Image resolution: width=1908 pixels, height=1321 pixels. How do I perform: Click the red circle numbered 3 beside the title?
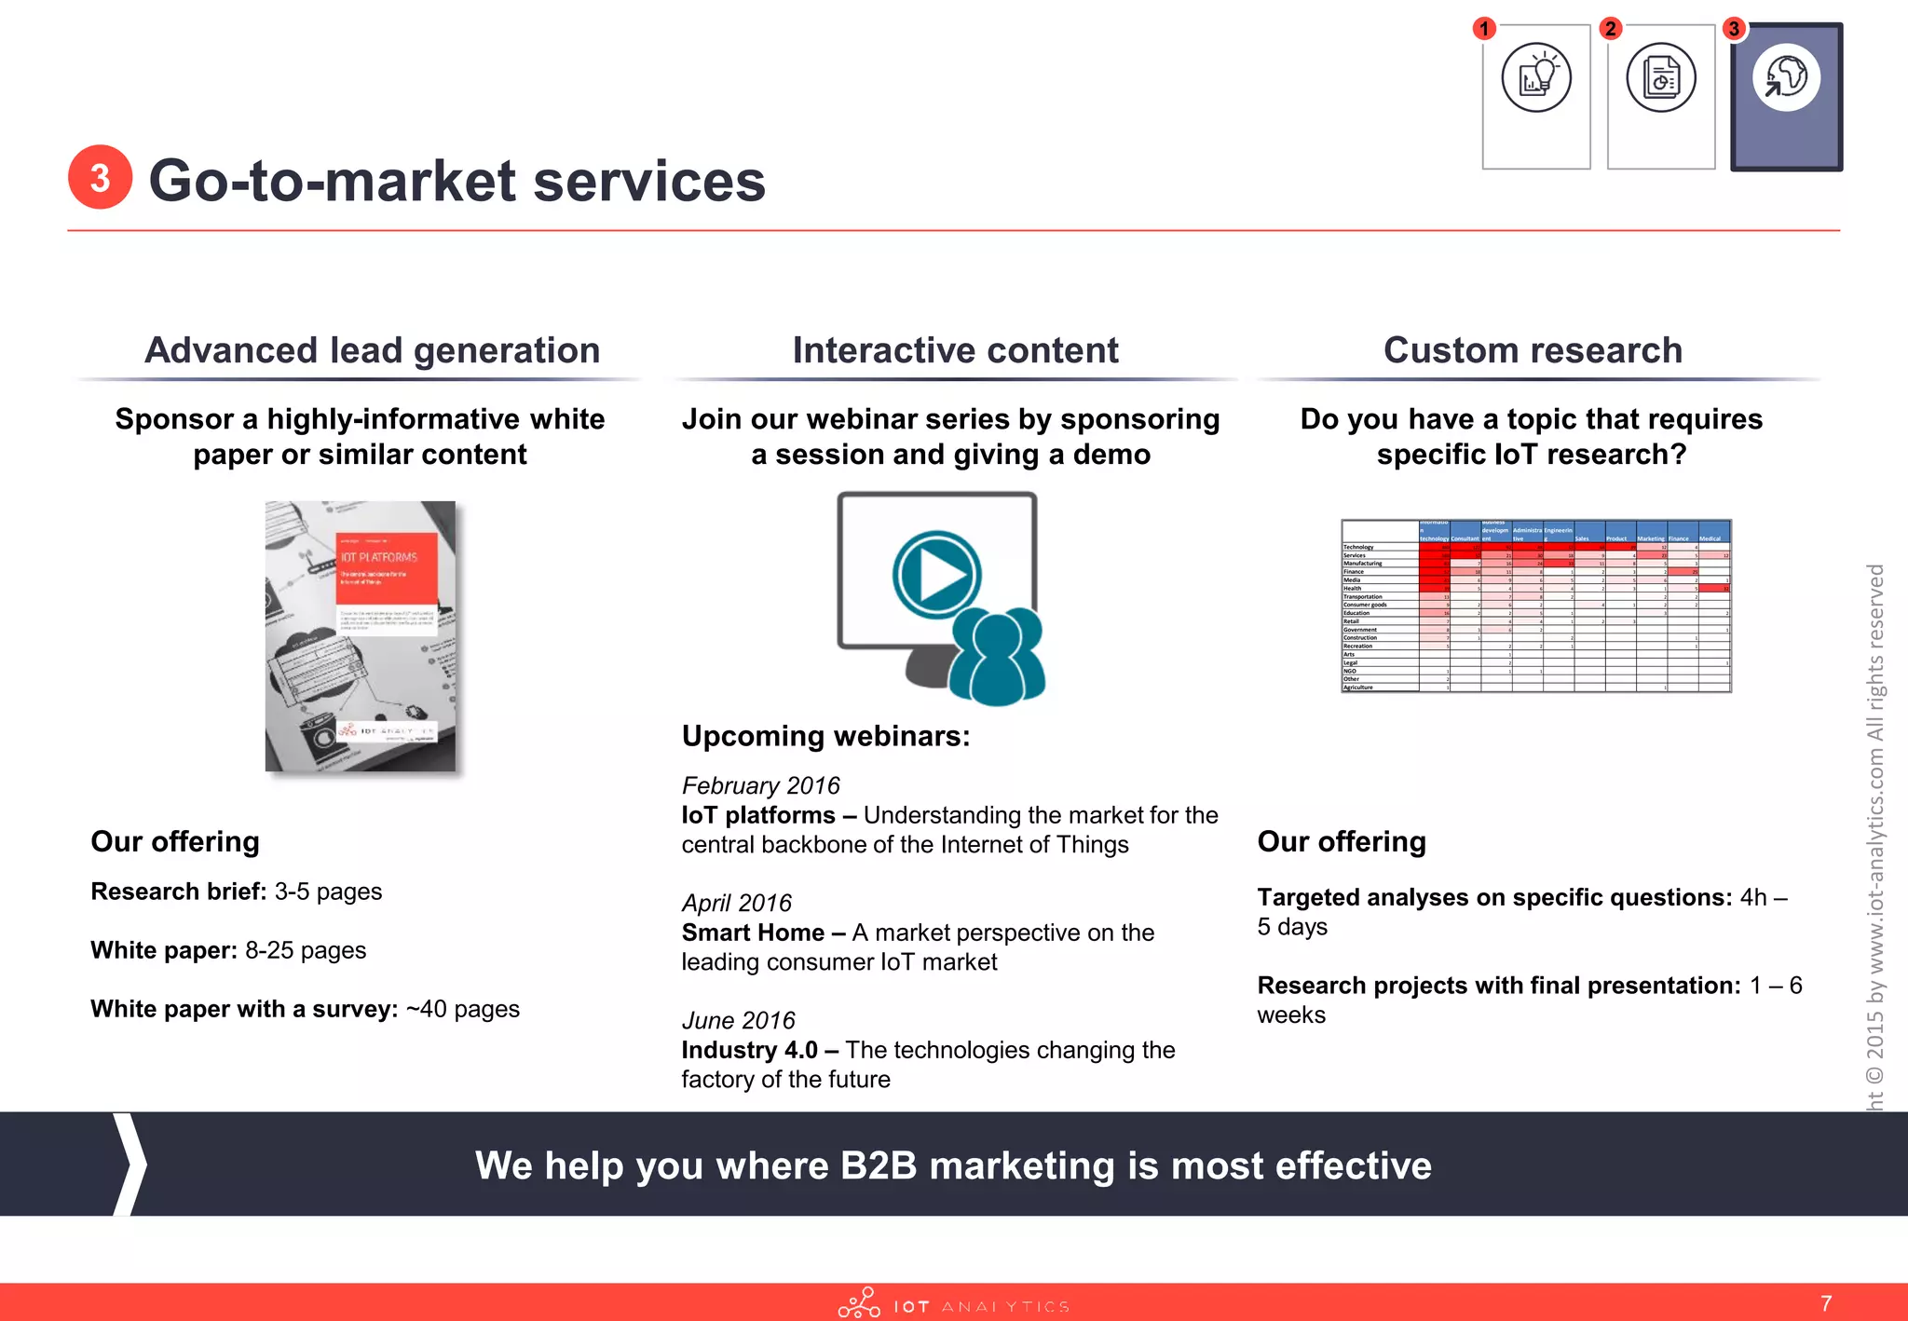coord(100,177)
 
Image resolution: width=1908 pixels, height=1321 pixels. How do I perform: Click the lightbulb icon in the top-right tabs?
coord(1536,77)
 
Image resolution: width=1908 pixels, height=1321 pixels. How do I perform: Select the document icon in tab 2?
coord(1661,77)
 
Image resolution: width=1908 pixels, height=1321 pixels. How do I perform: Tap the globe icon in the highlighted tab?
coord(1786,77)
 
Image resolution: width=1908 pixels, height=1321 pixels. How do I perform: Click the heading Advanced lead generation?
coord(372,350)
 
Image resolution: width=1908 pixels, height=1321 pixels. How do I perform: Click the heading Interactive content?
coord(955,350)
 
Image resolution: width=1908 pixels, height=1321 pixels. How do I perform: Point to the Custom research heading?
coord(1533,350)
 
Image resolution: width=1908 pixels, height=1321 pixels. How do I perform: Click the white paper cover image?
coord(361,636)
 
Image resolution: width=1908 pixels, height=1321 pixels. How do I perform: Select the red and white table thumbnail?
coord(1535,606)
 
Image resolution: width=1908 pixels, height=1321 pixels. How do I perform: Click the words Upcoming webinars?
coord(825,736)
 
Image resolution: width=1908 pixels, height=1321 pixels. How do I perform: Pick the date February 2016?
coord(760,785)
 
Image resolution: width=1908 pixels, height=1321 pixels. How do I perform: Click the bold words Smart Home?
coord(753,933)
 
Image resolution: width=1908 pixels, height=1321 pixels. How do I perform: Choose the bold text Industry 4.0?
coord(749,1050)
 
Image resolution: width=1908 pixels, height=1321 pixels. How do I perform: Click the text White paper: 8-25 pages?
coord(228,950)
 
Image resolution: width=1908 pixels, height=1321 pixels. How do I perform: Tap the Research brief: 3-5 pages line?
coord(236,892)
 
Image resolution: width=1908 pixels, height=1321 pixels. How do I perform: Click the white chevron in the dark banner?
coord(130,1164)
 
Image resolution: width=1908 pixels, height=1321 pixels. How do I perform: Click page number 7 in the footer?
coord(1826,1303)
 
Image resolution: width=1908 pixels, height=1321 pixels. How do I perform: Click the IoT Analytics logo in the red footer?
coord(952,1304)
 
